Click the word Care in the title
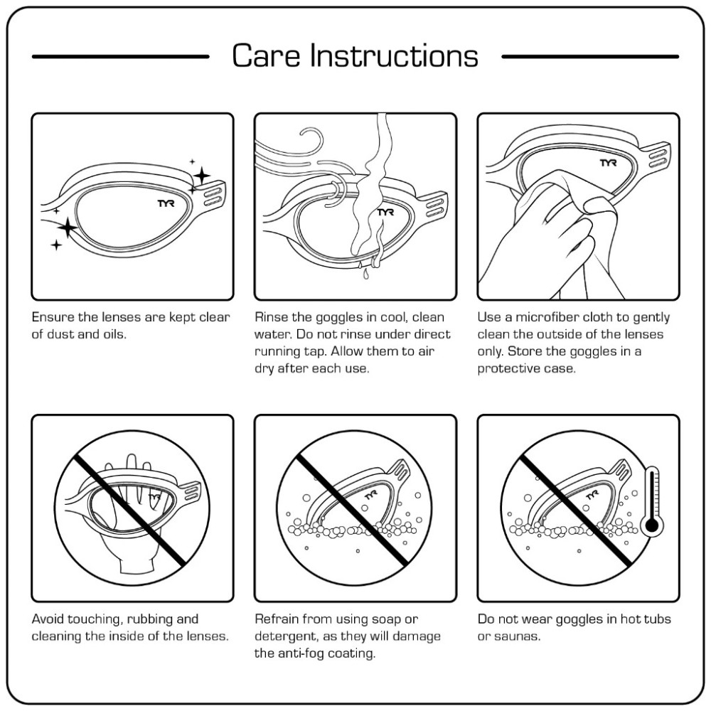(x=259, y=56)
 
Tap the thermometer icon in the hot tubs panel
(x=651, y=504)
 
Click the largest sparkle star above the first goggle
(x=201, y=174)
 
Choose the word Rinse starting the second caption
(x=272, y=317)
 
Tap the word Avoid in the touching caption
(x=48, y=619)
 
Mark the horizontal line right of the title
(x=590, y=56)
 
